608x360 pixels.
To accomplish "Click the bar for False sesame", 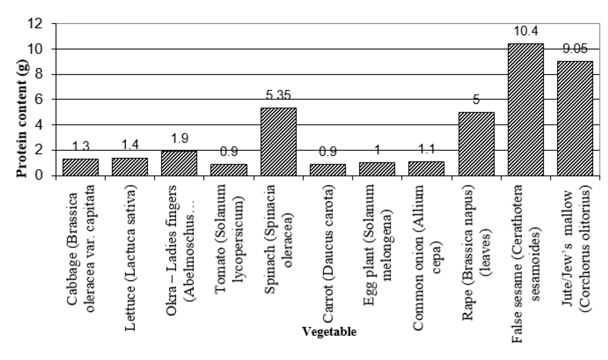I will tap(525, 110).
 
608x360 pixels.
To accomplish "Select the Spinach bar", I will tap(278, 142).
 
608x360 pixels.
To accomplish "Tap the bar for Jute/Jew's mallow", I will tap(574, 118).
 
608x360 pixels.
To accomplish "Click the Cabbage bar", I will tap(80, 167).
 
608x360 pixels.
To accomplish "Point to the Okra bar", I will tap(179, 163).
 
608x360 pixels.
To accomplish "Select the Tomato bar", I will tap(229, 170).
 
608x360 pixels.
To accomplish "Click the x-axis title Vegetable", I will tap(329, 332).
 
